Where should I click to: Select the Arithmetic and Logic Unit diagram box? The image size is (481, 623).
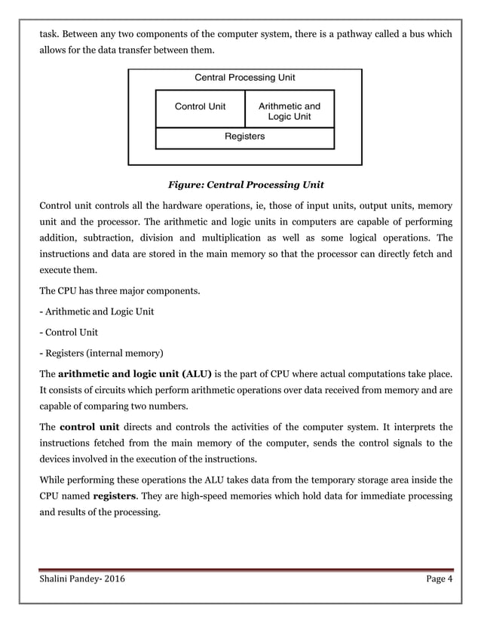point(289,112)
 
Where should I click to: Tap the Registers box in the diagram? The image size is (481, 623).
point(244,137)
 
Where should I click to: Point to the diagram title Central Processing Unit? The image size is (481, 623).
point(245,78)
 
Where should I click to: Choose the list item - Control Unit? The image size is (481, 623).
point(68,332)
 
